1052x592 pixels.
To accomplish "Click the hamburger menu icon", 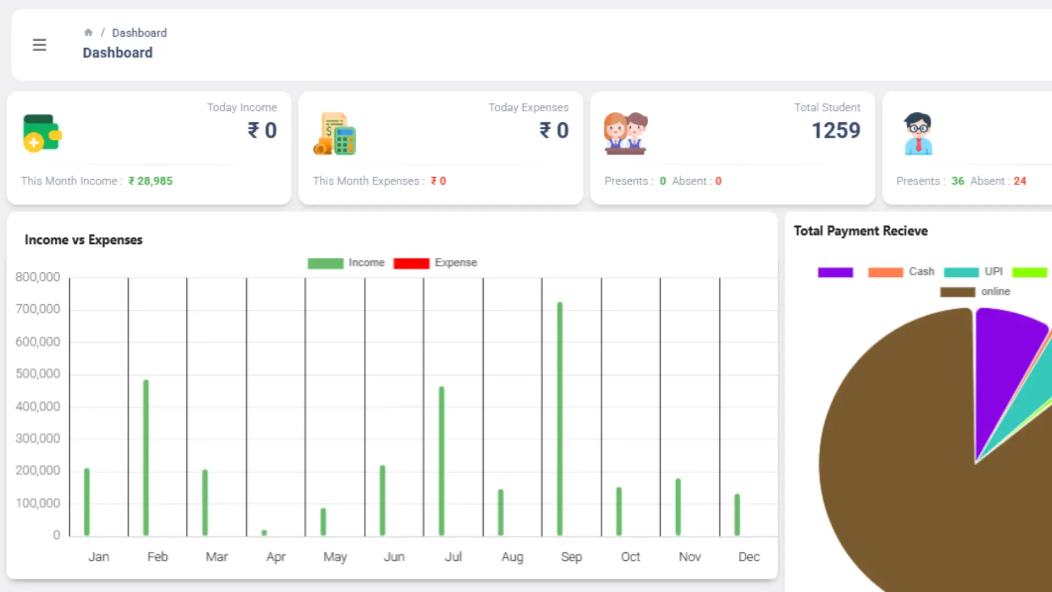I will point(39,45).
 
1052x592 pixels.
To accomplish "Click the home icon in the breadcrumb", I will point(88,33).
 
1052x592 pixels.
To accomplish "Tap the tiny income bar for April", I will point(264,532).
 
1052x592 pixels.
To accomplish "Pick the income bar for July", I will point(442,460).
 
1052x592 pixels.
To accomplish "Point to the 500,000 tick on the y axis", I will point(38,374).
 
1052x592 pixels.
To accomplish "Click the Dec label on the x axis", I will point(748,557).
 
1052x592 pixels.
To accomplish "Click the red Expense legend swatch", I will point(411,263).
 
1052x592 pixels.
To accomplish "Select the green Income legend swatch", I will point(325,263).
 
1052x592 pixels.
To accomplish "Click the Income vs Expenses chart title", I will point(83,240).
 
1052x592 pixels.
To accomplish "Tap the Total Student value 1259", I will point(836,130).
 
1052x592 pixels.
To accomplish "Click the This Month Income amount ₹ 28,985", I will point(150,181).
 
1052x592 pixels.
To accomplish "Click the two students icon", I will point(625,133).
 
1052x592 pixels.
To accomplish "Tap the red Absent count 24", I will point(1020,181).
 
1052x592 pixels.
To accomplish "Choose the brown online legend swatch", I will point(957,292).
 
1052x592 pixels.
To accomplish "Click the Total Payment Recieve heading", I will point(860,231).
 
